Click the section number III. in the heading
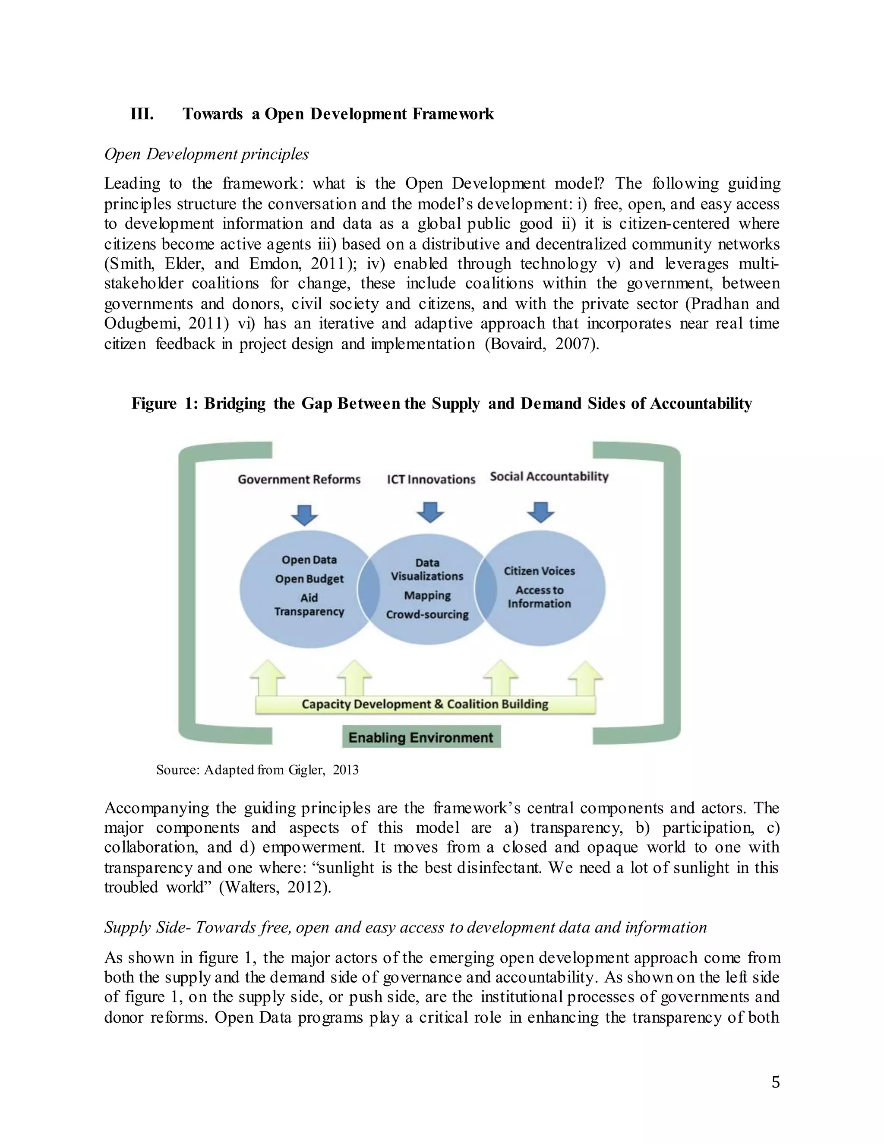pyautogui.click(x=142, y=114)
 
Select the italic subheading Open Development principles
pyautogui.click(x=206, y=154)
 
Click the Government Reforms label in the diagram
pyautogui.click(x=299, y=479)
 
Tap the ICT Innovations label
pyautogui.click(x=431, y=479)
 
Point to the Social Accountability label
pyautogui.click(x=549, y=477)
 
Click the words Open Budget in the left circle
pyautogui.click(x=309, y=579)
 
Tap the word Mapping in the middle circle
pyautogui.click(x=427, y=596)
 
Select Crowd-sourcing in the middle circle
pyautogui.click(x=427, y=614)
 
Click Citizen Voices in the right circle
pyautogui.click(x=540, y=571)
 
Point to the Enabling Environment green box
pyautogui.click(x=421, y=737)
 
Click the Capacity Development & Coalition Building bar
pyautogui.click(x=425, y=705)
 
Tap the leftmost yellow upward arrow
pyautogui.click(x=268, y=677)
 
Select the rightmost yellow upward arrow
pyautogui.click(x=585, y=677)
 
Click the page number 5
pyautogui.click(x=776, y=1082)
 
